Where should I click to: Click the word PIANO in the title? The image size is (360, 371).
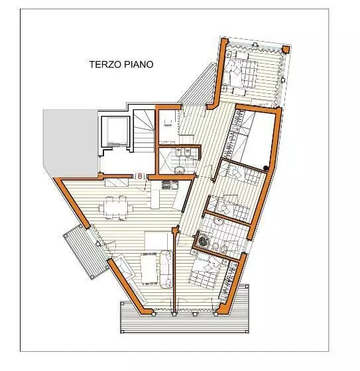(x=139, y=65)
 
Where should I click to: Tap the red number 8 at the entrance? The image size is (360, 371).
(x=140, y=176)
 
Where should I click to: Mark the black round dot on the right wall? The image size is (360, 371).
(x=265, y=167)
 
